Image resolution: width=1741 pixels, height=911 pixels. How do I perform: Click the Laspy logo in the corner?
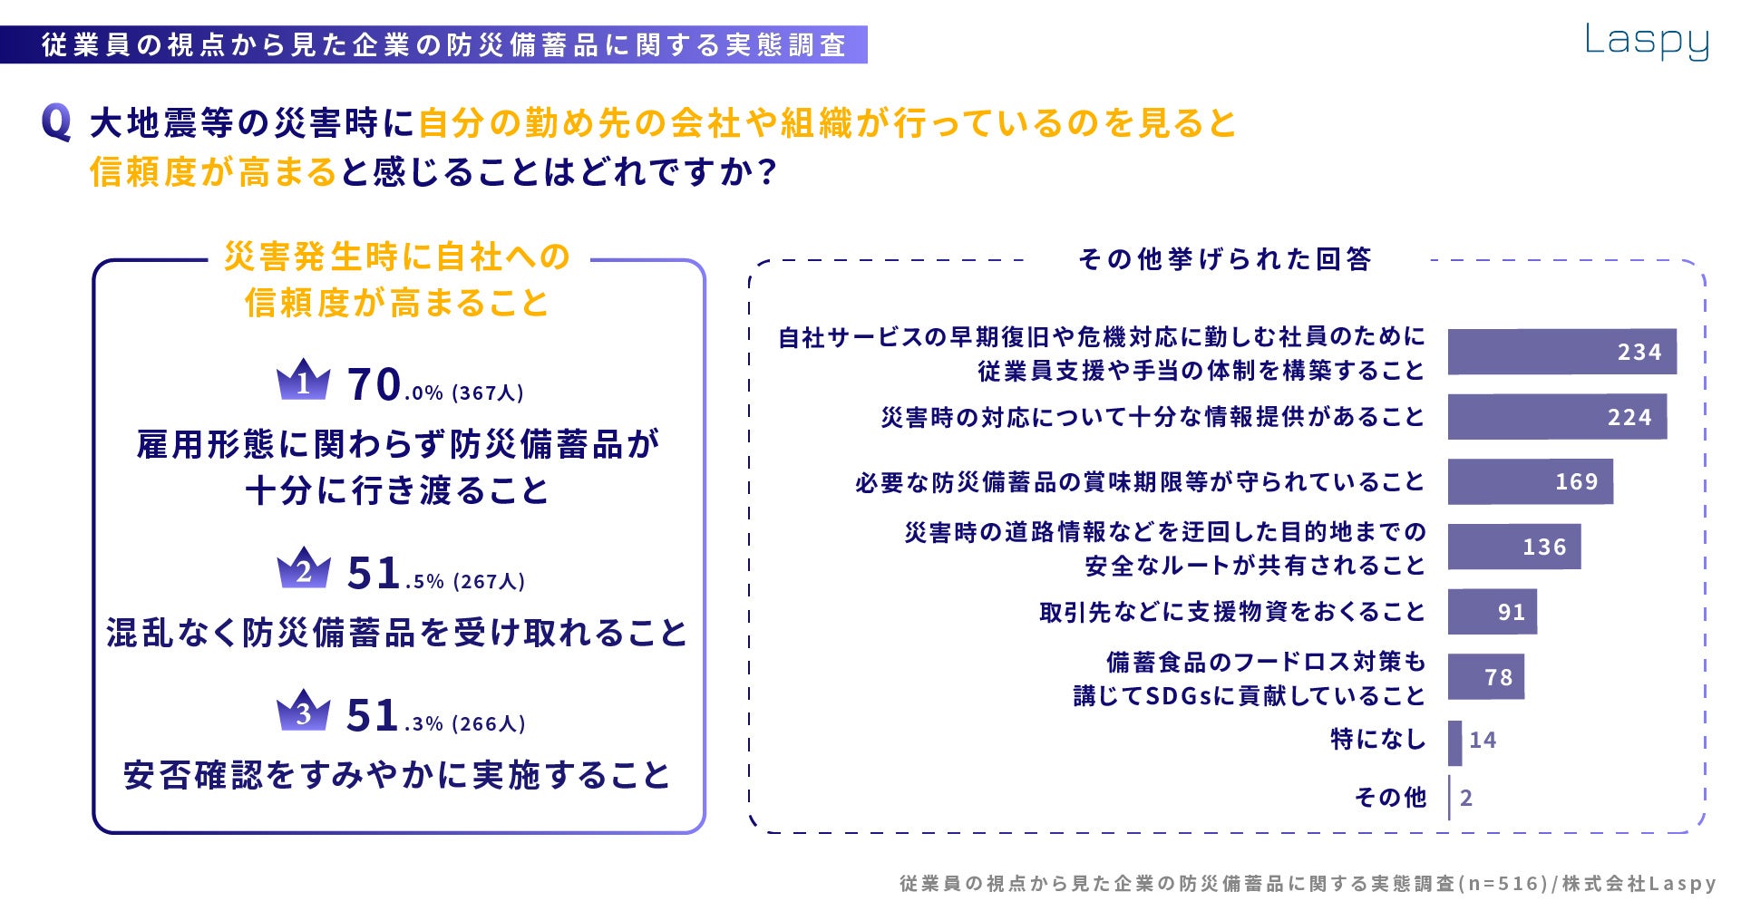pyautogui.click(x=1646, y=42)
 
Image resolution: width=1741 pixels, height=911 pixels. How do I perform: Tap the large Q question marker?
pyautogui.click(x=56, y=123)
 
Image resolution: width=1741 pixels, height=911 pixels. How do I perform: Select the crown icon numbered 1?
pyautogui.click(x=303, y=380)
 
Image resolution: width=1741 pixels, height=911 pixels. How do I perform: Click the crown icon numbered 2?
pyautogui.click(x=303, y=568)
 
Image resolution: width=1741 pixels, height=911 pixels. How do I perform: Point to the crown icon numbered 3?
pyautogui.click(x=303, y=711)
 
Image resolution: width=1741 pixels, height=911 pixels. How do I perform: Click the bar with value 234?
pyautogui.click(x=1561, y=352)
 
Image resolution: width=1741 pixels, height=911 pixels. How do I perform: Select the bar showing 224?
pyautogui.click(x=1557, y=417)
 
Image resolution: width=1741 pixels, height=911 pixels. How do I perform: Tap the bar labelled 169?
pyautogui.click(x=1530, y=481)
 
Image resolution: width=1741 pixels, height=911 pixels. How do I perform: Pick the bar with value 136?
pyautogui.click(x=1513, y=547)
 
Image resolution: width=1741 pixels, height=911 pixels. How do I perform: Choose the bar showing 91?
pyautogui.click(x=1492, y=612)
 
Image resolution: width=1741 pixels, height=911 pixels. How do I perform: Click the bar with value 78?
pyautogui.click(x=1485, y=677)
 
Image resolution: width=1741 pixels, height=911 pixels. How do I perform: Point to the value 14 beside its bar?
pyautogui.click(x=1483, y=741)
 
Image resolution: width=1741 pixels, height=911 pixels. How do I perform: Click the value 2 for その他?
pyautogui.click(x=1466, y=799)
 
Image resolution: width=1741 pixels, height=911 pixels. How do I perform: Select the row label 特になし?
pyautogui.click(x=1377, y=740)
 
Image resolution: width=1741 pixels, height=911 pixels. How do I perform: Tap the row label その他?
pyautogui.click(x=1390, y=798)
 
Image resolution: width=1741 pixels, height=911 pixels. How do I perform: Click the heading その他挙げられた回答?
pyautogui.click(x=1224, y=260)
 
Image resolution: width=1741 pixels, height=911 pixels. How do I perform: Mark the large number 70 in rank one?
pyautogui.click(x=374, y=384)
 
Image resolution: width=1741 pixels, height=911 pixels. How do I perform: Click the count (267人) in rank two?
pyautogui.click(x=490, y=582)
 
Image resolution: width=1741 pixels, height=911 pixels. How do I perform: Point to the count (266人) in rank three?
pyautogui.click(x=490, y=724)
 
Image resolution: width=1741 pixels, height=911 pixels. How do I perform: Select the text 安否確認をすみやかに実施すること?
pyautogui.click(x=397, y=776)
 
